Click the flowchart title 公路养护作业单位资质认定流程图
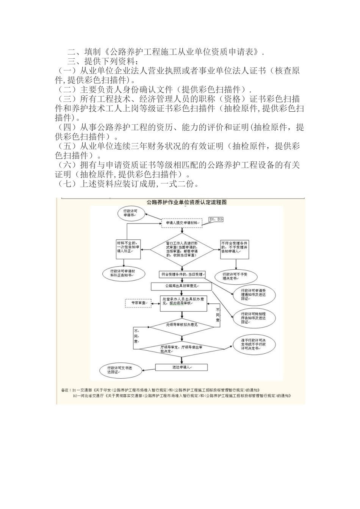pos(186,202)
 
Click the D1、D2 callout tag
pos(216,219)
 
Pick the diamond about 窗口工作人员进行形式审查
pos(182,249)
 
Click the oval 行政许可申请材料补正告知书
pos(121,273)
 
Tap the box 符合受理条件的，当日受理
pos(182,274)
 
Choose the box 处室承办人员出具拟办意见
pos(183,303)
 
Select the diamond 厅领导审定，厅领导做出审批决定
pos(182,348)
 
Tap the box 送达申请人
pos(181,367)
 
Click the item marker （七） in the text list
pos(67,184)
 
